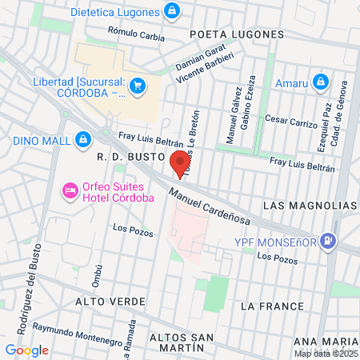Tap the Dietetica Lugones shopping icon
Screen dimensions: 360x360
click(170, 11)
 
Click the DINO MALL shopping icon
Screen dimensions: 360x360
click(82, 140)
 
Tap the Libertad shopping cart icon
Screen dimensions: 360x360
click(138, 85)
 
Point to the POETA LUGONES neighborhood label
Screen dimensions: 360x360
click(237, 34)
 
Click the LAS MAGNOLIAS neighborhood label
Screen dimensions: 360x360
click(310, 205)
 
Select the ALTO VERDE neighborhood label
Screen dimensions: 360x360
click(110, 302)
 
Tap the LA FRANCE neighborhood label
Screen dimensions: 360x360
click(272, 306)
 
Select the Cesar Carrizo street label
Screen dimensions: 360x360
click(291, 122)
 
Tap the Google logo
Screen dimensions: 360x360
click(26, 350)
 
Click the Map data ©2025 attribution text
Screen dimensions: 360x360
click(325, 354)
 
